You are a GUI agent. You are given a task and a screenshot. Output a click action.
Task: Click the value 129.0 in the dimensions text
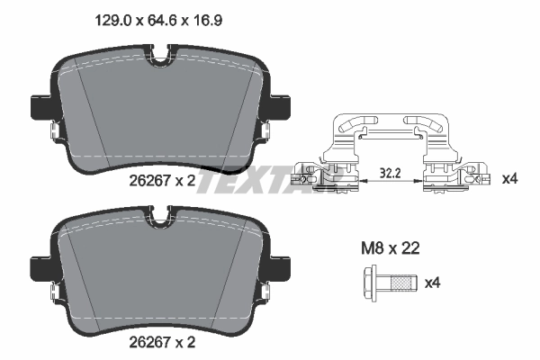coord(112,16)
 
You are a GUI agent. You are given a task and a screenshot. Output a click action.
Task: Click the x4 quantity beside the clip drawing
coord(508,179)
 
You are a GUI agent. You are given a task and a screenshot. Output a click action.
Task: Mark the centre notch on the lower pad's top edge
coord(162,215)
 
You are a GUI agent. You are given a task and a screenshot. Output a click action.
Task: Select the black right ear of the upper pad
coord(283,105)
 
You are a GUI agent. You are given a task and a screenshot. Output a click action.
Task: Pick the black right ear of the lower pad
coord(283,267)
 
